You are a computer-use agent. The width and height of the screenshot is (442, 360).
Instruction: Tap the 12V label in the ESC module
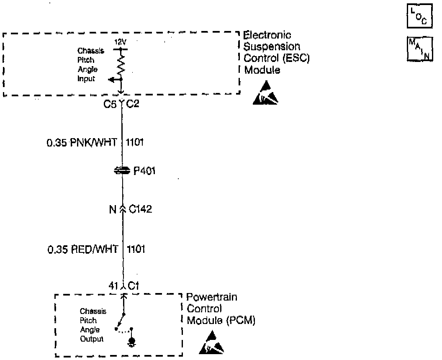click(120, 43)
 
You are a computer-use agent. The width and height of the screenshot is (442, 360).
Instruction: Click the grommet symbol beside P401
click(122, 170)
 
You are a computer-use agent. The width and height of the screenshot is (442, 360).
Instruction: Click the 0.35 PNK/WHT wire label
click(82, 143)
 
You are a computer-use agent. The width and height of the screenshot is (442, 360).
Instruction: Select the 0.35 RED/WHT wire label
click(82, 250)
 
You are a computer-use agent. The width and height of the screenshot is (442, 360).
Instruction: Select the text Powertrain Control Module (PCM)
click(221, 309)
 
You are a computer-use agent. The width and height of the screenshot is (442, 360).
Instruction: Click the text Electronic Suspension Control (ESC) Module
click(276, 53)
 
